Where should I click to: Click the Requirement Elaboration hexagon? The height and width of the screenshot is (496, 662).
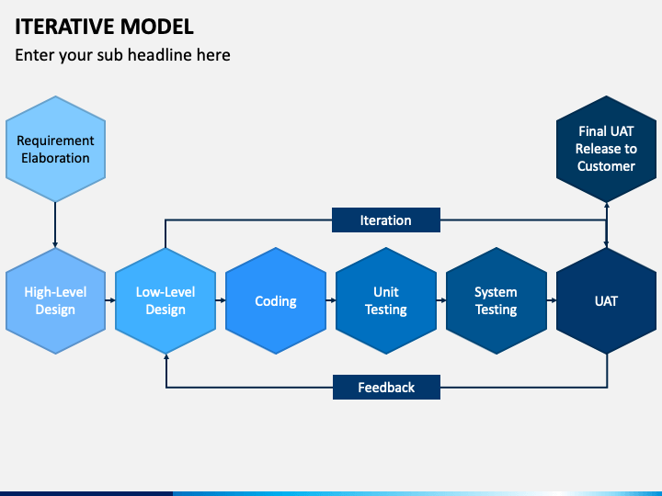55,149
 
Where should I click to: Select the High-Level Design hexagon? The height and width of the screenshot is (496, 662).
55,300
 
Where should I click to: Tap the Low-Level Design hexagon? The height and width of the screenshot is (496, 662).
165,300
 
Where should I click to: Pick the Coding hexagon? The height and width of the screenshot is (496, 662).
276,300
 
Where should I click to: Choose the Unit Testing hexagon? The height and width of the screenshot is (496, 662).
386,300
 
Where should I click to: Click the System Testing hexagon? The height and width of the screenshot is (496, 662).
496,300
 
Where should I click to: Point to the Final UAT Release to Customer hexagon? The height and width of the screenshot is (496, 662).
606,149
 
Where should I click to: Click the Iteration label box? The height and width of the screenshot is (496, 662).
386,220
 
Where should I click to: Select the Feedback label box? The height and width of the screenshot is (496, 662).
386,388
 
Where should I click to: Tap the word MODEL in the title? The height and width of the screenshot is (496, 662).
156,27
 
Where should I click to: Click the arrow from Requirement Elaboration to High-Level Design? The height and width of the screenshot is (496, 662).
55,225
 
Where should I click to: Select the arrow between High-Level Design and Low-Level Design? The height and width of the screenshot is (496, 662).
110,300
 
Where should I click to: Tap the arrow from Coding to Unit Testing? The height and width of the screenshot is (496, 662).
331,300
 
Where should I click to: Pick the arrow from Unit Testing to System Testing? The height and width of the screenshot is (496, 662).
441,300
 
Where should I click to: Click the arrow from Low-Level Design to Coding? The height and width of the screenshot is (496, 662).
221,300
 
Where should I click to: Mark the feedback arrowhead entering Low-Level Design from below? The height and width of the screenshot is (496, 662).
166,356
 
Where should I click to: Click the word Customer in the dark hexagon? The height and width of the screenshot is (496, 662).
606,166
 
